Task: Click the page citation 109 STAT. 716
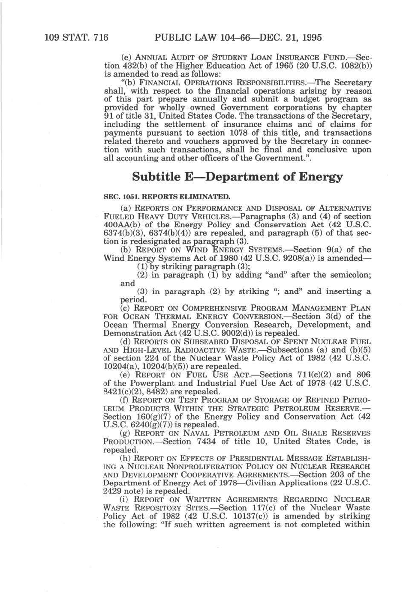point(76,38)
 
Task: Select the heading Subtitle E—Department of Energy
point(238,177)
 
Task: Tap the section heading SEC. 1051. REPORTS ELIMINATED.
point(167,197)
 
